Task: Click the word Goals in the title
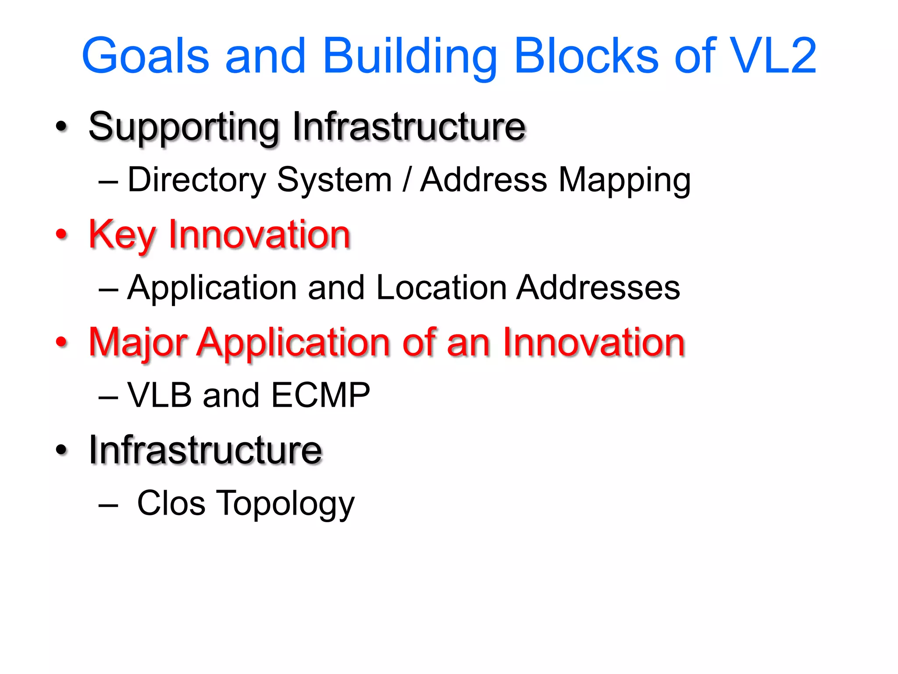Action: click(146, 56)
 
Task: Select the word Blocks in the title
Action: click(586, 56)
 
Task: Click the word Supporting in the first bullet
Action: click(184, 128)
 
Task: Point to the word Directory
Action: click(196, 180)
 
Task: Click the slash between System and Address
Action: click(406, 180)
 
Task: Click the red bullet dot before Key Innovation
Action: click(62, 234)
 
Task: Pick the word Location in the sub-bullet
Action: click(441, 288)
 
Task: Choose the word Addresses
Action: click(598, 288)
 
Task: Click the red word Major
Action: click(138, 343)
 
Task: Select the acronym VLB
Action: click(160, 395)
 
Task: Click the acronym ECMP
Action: click(321, 395)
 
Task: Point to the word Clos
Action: click(171, 503)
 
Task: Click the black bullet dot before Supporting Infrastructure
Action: click(62, 127)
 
